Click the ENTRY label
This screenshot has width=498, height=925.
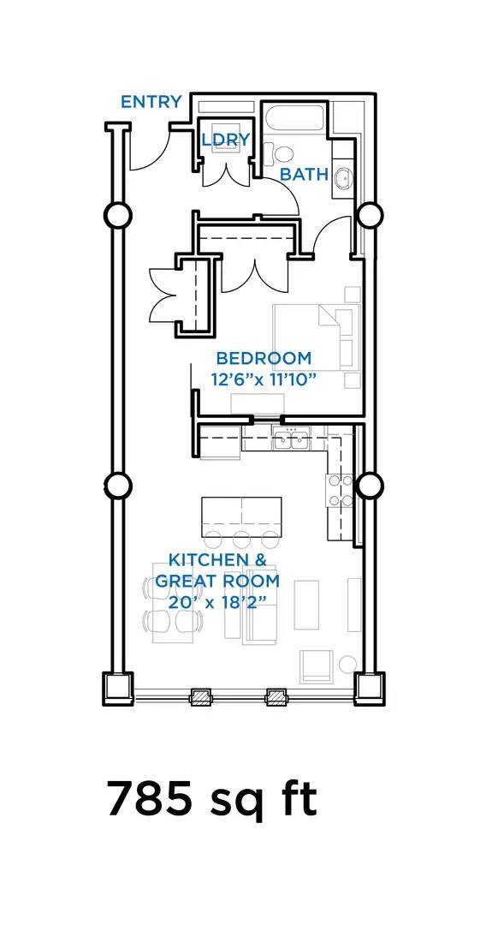[x=151, y=102]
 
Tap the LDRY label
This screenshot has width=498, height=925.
[x=226, y=140]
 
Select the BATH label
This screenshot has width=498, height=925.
[x=304, y=175]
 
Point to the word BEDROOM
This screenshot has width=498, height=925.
[x=264, y=358]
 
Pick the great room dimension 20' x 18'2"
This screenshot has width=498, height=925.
[x=217, y=602]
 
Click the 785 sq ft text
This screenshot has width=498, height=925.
[x=211, y=799]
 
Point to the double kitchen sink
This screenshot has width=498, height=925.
[x=291, y=439]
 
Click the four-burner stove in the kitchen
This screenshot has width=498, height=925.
[x=341, y=491]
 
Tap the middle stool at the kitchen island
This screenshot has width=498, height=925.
[x=241, y=540]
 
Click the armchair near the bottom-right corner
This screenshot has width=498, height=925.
[x=317, y=666]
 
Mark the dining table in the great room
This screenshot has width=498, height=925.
[x=173, y=602]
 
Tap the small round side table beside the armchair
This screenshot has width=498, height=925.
[x=347, y=664]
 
